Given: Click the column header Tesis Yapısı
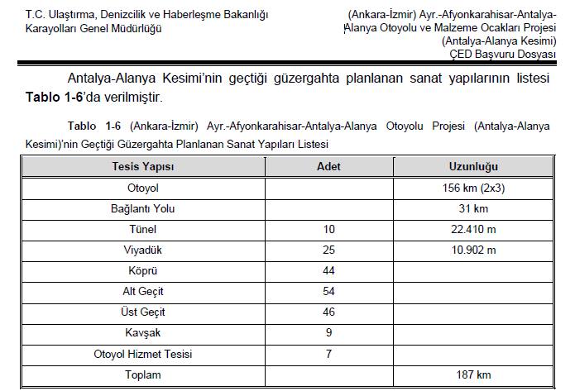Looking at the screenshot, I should click(143, 166).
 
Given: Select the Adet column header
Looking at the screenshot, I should click(328, 166).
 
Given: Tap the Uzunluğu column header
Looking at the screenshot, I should click(472, 166).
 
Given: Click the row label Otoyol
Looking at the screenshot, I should click(143, 188).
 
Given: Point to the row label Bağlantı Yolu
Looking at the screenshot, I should click(143, 208).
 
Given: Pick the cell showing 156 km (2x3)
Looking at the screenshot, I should click(472, 188).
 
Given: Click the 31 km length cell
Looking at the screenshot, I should click(472, 208).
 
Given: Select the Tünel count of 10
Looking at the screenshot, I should click(328, 229).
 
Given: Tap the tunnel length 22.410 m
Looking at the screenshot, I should click(472, 229).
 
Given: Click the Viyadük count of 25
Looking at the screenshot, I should click(328, 250).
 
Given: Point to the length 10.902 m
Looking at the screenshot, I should click(472, 250).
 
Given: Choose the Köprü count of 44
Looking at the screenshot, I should click(328, 271).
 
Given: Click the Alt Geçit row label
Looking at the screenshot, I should click(143, 292).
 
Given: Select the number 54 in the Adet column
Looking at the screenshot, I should click(328, 292).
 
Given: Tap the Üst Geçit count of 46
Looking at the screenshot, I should click(328, 312).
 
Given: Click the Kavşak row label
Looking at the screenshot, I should click(143, 334).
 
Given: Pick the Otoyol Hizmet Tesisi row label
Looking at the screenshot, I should click(143, 355).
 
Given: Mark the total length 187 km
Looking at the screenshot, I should click(472, 375).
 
